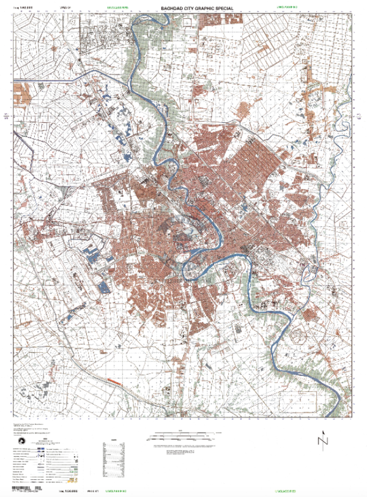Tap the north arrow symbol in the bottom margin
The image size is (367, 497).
pyautogui.click(x=322, y=440)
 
